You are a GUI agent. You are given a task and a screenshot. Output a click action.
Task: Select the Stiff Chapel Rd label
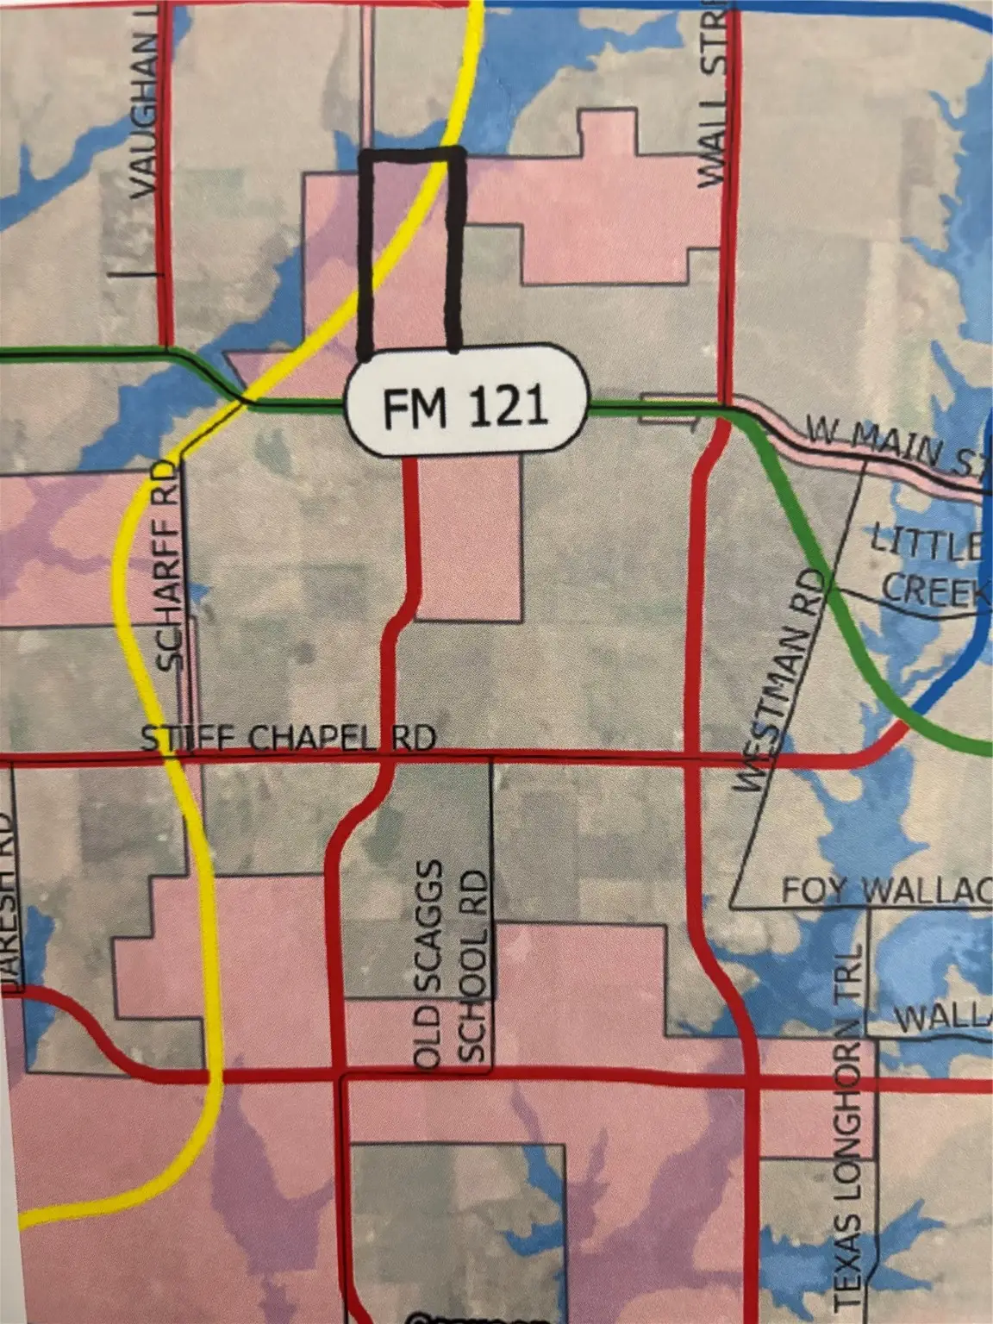coord(288,739)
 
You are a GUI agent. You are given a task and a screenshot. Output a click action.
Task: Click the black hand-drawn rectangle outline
coord(365,250)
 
